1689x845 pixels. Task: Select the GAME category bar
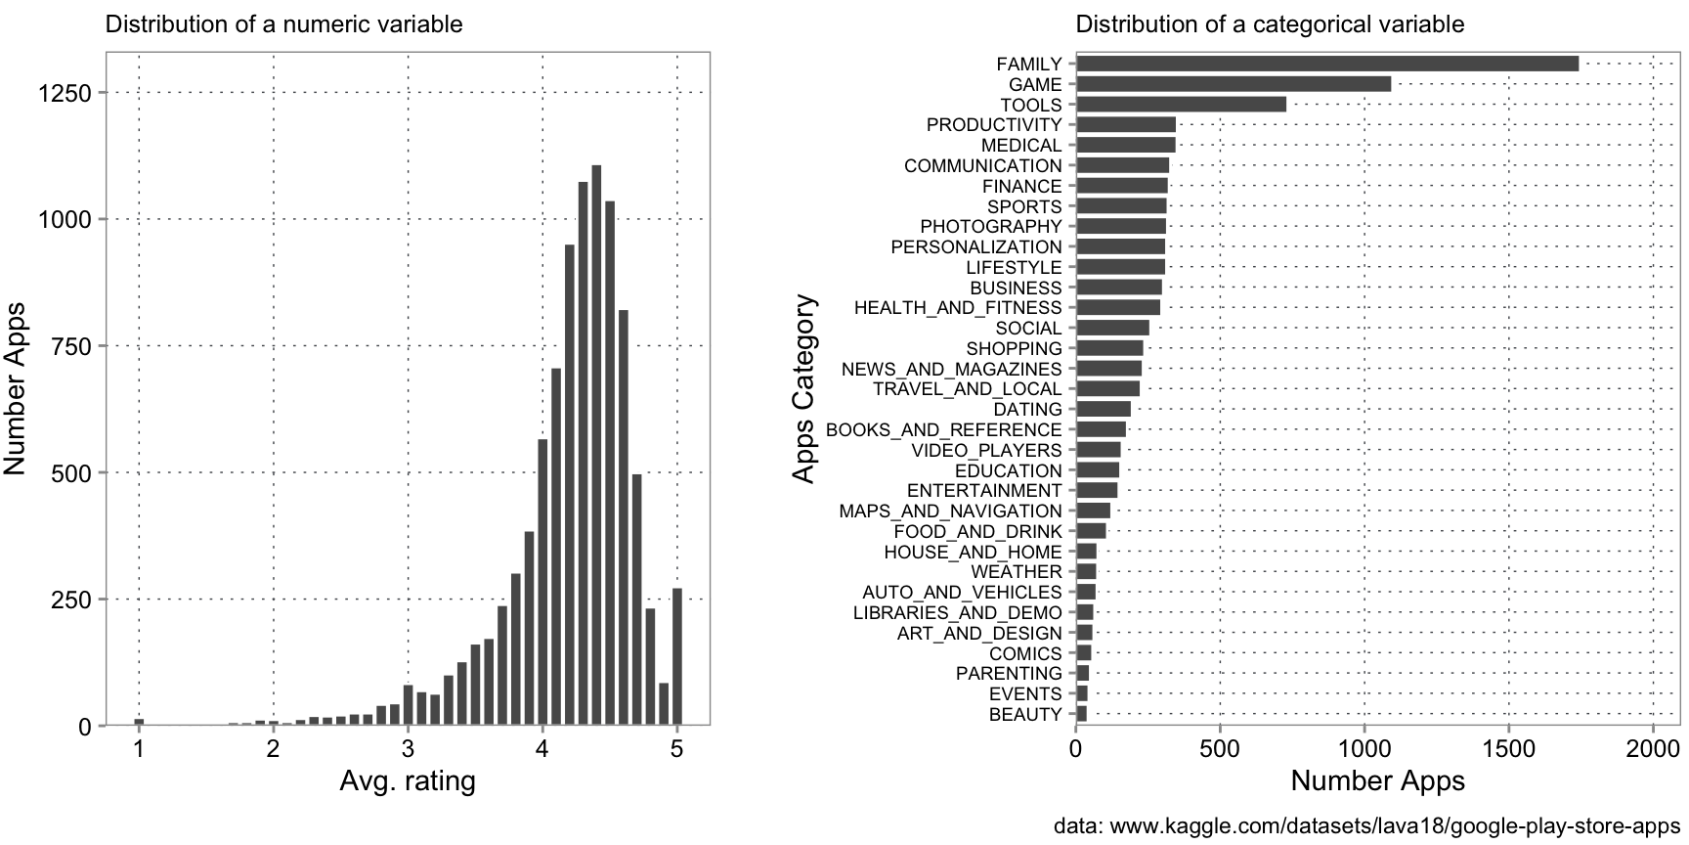1233,84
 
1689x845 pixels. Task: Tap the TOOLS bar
1181,105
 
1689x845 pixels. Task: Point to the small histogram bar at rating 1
139,722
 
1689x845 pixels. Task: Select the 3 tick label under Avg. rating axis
408,750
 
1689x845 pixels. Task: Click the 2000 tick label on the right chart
1653,750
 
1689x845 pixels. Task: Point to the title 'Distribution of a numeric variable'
283,24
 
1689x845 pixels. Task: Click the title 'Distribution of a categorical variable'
1270,24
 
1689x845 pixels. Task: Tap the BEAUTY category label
1024,715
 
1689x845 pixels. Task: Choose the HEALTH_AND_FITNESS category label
957,308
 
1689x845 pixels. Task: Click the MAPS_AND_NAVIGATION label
950,511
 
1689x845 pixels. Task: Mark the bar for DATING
1103,409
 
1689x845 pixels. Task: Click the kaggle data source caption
1365,826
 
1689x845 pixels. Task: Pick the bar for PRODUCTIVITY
1125,125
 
